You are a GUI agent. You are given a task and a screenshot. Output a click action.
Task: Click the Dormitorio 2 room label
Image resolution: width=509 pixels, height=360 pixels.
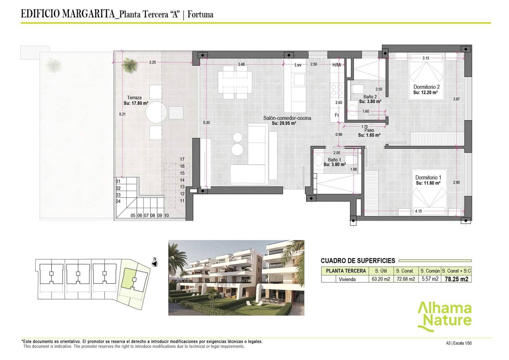426,87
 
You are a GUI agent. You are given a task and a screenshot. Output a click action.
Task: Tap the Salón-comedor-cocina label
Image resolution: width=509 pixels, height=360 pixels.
287,118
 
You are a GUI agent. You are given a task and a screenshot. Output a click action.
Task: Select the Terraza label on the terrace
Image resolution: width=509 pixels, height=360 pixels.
134,98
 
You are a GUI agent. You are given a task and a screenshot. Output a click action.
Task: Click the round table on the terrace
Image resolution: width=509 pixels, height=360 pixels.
156,112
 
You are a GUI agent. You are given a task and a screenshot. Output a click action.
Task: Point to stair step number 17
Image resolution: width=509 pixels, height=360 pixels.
182,159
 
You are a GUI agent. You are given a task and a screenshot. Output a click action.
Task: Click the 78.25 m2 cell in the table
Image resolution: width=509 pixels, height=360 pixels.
456,279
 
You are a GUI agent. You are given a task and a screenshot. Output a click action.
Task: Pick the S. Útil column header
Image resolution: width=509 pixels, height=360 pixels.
381,271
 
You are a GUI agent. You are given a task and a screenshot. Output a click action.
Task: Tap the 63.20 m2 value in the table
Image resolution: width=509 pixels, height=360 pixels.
381,279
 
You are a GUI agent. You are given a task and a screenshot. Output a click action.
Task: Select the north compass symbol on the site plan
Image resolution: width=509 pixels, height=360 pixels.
155,264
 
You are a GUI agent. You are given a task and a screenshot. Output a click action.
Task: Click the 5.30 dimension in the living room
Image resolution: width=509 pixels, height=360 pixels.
206,123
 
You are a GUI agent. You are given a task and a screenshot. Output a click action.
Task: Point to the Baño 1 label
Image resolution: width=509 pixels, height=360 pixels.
334,160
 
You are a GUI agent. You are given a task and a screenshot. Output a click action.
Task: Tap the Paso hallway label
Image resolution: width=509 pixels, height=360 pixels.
369,130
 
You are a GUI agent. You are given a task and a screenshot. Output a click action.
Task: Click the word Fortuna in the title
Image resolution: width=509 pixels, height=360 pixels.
200,14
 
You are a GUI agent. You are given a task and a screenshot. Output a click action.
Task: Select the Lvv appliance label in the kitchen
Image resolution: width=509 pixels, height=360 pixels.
298,65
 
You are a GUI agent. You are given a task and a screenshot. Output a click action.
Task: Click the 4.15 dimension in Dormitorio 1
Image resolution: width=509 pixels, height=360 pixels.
418,211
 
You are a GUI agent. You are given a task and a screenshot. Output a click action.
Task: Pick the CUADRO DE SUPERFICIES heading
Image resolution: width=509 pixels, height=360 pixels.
358,261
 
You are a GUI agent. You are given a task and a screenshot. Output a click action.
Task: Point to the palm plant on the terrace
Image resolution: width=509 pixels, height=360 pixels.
129,65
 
